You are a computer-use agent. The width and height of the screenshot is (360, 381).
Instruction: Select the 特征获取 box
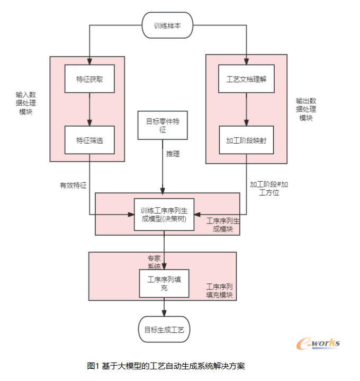coord(89,79)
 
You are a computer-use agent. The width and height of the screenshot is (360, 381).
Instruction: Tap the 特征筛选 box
coord(89,140)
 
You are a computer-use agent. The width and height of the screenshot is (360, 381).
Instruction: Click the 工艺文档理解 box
coord(247,79)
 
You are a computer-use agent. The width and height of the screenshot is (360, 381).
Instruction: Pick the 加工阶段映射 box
coord(247,140)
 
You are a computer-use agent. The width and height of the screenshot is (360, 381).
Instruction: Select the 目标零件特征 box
coord(163,125)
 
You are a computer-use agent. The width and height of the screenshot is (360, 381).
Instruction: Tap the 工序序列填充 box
coord(164,283)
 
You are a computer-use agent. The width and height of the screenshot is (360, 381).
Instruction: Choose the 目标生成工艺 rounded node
coord(164,330)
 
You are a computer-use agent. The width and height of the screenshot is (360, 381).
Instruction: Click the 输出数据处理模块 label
coord(306,109)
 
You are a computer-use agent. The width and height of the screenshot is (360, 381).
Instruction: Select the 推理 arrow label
coord(173,154)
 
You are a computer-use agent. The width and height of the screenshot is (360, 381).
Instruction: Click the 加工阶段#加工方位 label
coord(269,189)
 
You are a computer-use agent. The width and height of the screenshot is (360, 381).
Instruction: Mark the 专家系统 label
coord(154,262)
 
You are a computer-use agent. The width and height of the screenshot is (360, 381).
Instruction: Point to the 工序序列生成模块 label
coord(220,225)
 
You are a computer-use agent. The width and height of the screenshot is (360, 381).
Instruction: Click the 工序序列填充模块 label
coord(220,290)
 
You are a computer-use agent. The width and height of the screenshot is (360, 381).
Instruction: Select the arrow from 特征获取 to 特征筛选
coord(89,109)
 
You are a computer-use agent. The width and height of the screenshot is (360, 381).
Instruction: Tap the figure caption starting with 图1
coord(166,366)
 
